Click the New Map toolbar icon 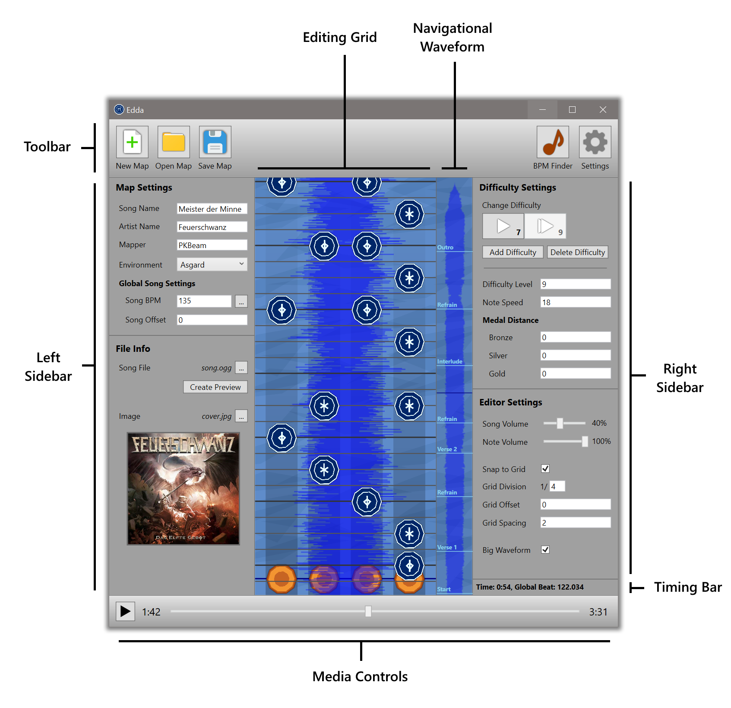[132, 142]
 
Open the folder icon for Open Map [174, 142]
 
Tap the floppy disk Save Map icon [215, 142]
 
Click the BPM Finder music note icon [553, 142]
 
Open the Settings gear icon [595, 142]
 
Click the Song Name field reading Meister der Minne [212, 209]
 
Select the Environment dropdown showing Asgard [212, 265]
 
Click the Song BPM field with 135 [204, 301]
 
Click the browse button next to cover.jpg [241, 416]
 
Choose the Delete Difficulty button [577, 252]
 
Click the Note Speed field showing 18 [575, 302]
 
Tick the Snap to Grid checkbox [545, 469]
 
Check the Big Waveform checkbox [545, 550]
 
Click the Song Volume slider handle [560, 423]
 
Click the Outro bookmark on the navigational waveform [445, 248]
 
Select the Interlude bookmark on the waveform [449, 362]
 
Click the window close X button [603, 110]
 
